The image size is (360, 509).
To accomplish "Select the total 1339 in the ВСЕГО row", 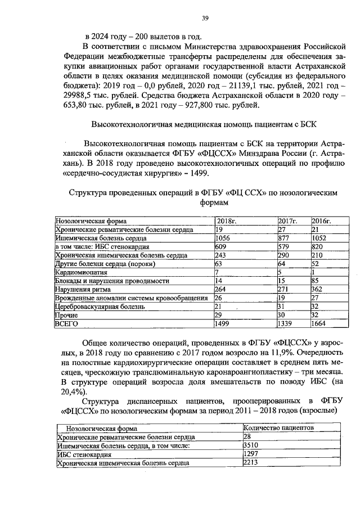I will (x=287, y=324).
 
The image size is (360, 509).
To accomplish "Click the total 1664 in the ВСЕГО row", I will (x=319, y=324).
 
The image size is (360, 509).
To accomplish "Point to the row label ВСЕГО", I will (x=65, y=324).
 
